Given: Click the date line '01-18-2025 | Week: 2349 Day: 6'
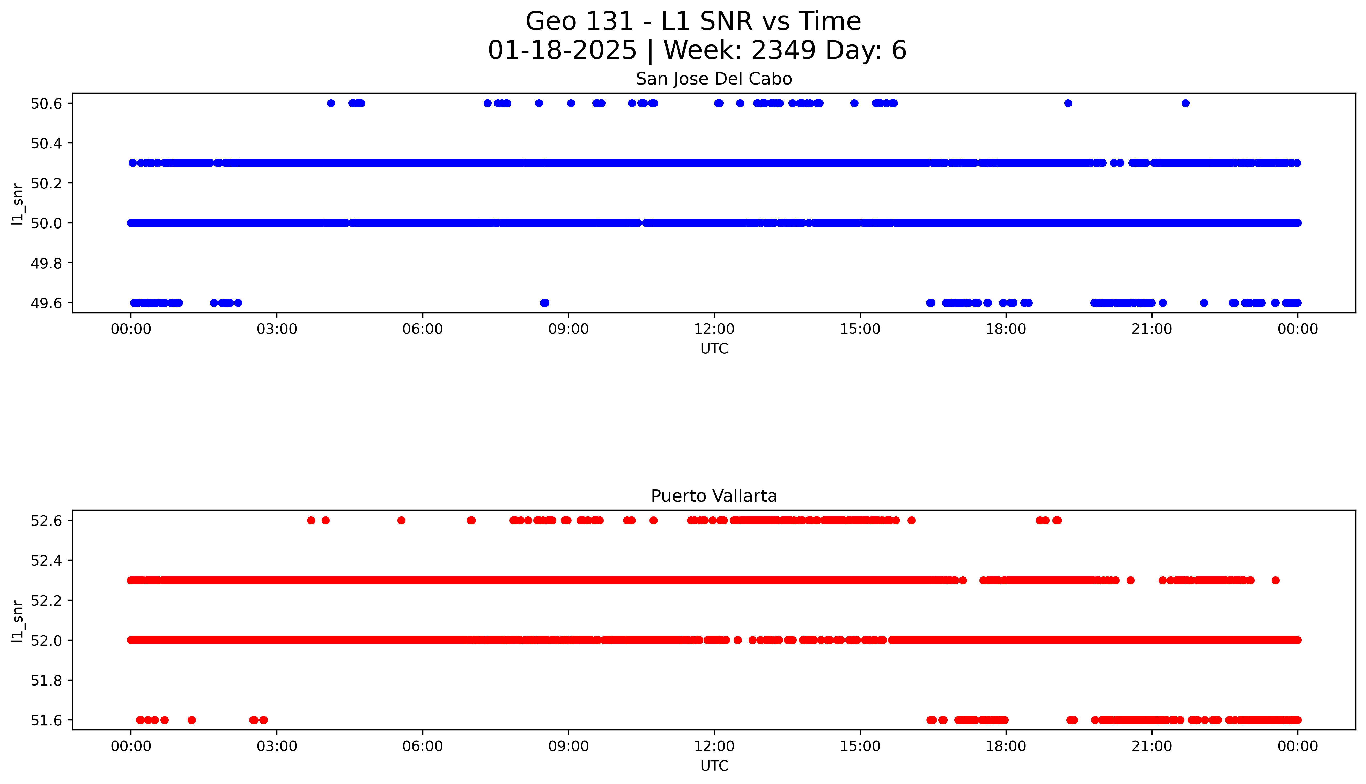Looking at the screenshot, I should pyautogui.click(x=697, y=51).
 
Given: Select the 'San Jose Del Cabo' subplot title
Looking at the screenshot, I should pyautogui.click(x=713, y=79).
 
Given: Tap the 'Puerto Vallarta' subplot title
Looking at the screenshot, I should pyautogui.click(x=713, y=496).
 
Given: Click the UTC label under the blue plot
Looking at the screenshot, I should pyautogui.click(x=713, y=349).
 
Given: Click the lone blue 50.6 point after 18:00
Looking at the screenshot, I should pyautogui.click(x=1068, y=103).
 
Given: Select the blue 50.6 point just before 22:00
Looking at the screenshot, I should pyautogui.click(x=1185, y=103).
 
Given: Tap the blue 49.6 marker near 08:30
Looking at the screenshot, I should pyautogui.click(x=544, y=303).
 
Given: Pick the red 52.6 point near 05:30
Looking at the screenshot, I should pyautogui.click(x=401, y=520).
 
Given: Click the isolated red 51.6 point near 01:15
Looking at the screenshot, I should pyautogui.click(x=191, y=720).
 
